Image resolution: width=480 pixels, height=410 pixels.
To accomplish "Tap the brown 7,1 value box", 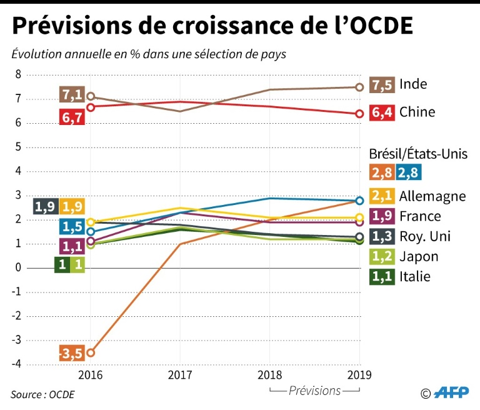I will click(70, 94).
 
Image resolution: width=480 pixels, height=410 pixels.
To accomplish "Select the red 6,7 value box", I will click(70, 117).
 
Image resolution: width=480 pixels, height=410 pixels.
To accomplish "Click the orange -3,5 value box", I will click(71, 353).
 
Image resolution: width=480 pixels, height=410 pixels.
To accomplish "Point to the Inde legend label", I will click(413, 84).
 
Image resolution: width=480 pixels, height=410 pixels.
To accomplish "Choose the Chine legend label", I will click(417, 112).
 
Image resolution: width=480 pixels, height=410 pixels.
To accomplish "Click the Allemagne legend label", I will click(432, 196).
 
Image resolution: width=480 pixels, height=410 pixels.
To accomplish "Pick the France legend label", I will click(419, 216).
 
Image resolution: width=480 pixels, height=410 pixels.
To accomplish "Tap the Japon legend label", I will click(419, 256).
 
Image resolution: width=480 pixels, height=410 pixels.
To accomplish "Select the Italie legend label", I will click(415, 276).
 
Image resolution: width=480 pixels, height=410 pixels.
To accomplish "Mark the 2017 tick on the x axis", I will click(180, 375).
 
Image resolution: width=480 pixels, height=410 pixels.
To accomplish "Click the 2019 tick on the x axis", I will click(359, 375).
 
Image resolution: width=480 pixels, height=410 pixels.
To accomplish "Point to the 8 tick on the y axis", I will click(17, 74).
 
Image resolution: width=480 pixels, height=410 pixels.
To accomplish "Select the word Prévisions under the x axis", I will click(315, 391).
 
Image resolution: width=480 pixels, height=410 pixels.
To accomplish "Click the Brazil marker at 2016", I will click(91, 352).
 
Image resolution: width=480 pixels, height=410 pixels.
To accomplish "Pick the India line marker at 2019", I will click(359, 87).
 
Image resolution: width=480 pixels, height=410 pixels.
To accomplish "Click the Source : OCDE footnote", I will click(39, 394).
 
